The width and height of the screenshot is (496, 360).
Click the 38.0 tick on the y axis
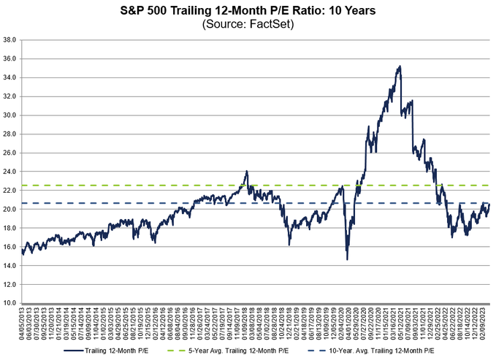tap(9, 39)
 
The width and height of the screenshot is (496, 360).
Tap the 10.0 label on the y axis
tap(9, 302)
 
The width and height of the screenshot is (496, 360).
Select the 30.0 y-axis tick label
tap(9, 115)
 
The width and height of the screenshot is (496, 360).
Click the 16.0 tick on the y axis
tap(9, 246)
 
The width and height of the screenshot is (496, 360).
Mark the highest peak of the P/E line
tap(399, 66)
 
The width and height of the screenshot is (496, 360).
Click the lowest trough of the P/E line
tap(347, 259)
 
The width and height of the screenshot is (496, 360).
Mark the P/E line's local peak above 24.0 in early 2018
tap(247, 172)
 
